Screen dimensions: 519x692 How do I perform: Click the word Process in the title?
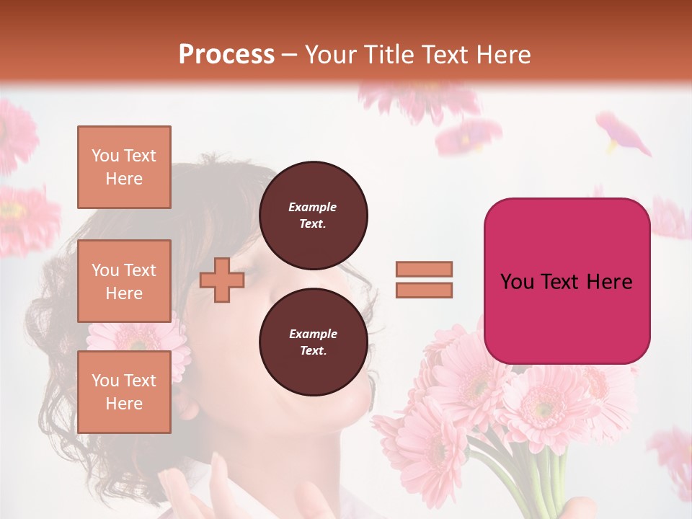coord(226,55)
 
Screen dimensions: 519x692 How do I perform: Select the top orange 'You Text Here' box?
coord(124,167)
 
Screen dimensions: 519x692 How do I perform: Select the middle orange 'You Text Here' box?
coord(124,281)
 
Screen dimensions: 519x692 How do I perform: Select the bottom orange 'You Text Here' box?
coord(124,392)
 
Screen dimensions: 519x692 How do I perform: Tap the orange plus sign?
coord(222,280)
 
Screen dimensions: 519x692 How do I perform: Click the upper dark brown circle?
coord(314,216)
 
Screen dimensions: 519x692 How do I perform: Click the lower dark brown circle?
coord(314,342)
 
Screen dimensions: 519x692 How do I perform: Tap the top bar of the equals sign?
coord(424,269)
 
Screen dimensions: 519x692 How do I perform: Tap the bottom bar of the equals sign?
coord(424,290)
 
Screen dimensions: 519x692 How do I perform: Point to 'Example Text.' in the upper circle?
coord(313,216)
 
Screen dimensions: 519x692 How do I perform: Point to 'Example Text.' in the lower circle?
coord(313,342)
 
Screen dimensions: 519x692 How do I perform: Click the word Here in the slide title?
coord(500,55)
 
